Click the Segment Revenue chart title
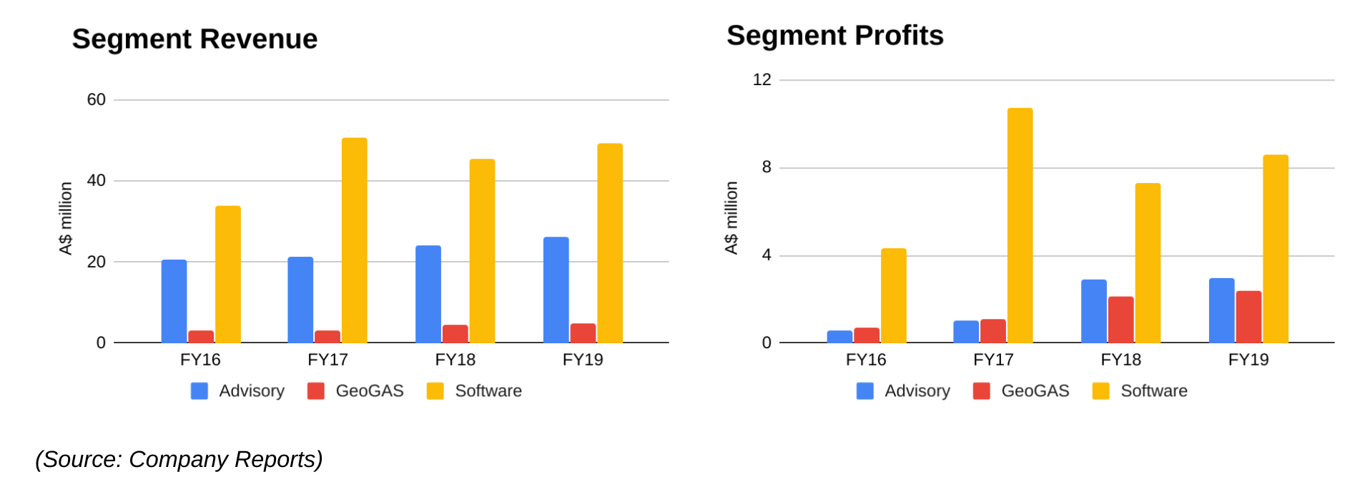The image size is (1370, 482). click(194, 39)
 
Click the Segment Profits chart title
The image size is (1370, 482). click(834, 36)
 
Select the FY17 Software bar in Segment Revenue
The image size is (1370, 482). click(354, 240)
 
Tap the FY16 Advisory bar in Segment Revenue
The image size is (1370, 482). click(174, 301)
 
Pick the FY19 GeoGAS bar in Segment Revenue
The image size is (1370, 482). click(583, 333)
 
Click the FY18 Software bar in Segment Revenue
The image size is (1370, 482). click(482, 251)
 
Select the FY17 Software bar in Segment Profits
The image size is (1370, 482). click(1020, 225)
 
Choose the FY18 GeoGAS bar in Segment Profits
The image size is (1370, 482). click(1120, 320)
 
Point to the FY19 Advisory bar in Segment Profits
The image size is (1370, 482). click(1221, 310)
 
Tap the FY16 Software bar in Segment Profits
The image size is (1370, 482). click(893, 295)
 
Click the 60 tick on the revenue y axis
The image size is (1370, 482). click(96, 100)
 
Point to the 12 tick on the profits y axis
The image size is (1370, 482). click(762, 80)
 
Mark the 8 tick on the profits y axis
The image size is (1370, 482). click(767, 167)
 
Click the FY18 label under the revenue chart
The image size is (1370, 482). click(455, 360)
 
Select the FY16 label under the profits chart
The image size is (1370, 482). click(865, 360)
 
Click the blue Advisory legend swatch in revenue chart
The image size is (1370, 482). click(199, 390)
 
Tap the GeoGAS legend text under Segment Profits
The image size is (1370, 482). click(1035, 391)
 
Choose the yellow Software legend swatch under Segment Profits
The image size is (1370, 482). click(1100, 390)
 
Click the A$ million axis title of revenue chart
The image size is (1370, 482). click(66, 218)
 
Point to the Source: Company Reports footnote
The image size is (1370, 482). click(179, 459)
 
